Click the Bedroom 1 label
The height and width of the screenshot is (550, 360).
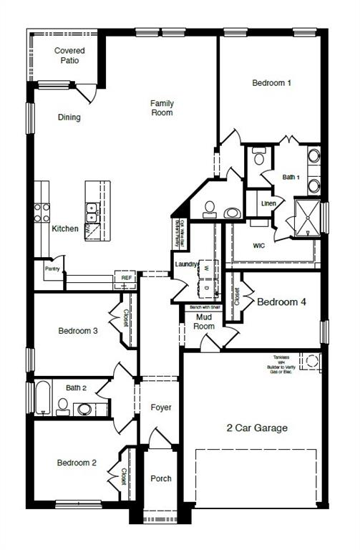pos(271,83)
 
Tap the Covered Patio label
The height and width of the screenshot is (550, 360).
pos(69,56)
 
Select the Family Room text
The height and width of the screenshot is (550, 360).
pos(162,108)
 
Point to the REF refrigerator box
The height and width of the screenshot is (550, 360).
pos(126,278)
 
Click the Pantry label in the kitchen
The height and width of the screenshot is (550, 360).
pos(52,269)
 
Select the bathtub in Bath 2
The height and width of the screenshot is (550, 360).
pos(42,398)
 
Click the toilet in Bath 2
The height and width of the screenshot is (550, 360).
pos(62,407)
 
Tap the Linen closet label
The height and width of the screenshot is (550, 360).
pos(268,203)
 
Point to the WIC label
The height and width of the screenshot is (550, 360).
pos(260,245)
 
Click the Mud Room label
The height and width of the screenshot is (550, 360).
pos(205,322)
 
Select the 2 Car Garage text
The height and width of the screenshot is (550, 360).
pos(257,428)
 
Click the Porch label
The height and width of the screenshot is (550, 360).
pos(161,478)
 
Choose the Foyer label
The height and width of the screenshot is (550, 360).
pos(161,407)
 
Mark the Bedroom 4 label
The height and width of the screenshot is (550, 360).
pos(282,302)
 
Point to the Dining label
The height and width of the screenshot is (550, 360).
pos(69,117)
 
